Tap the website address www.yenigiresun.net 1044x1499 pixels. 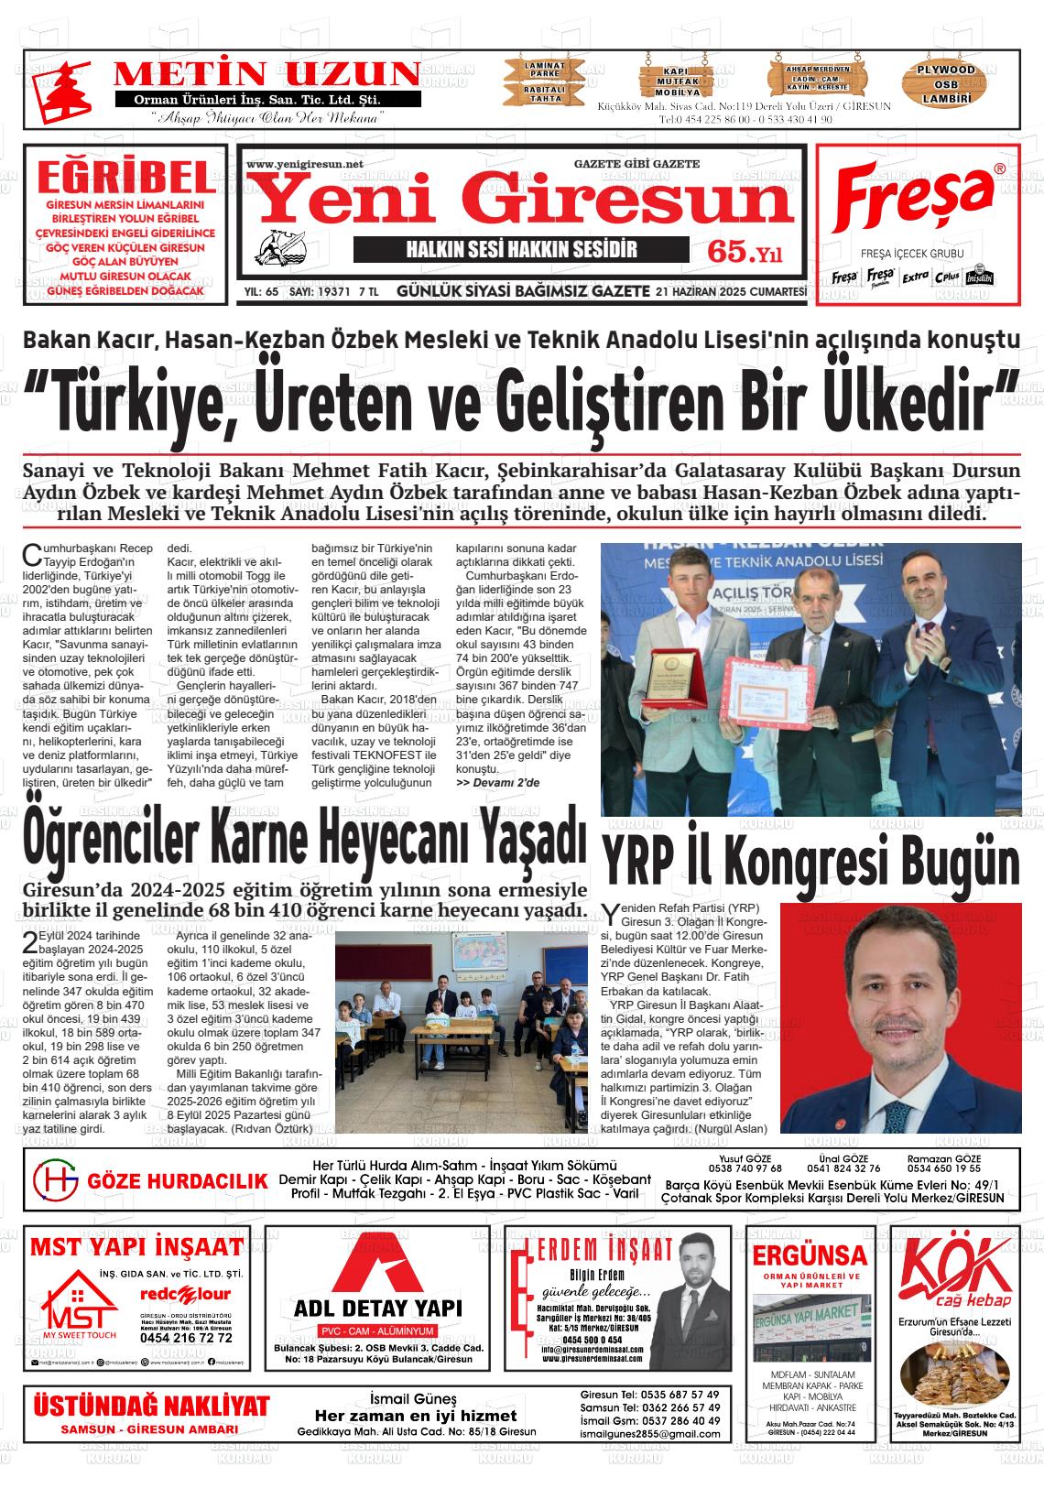tap(304, 164)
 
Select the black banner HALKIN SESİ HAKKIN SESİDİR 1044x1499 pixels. tap(521, 250)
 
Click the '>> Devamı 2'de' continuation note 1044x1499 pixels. tap(497, 783)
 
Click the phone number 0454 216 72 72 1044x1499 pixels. tap(186, 1338)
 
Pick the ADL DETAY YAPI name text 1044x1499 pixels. tap(377, 1308)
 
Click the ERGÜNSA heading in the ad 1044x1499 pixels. tap(810, 1254)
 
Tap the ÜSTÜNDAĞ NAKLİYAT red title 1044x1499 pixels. tap(151, 1406)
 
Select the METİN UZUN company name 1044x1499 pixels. tap(266, 73)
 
